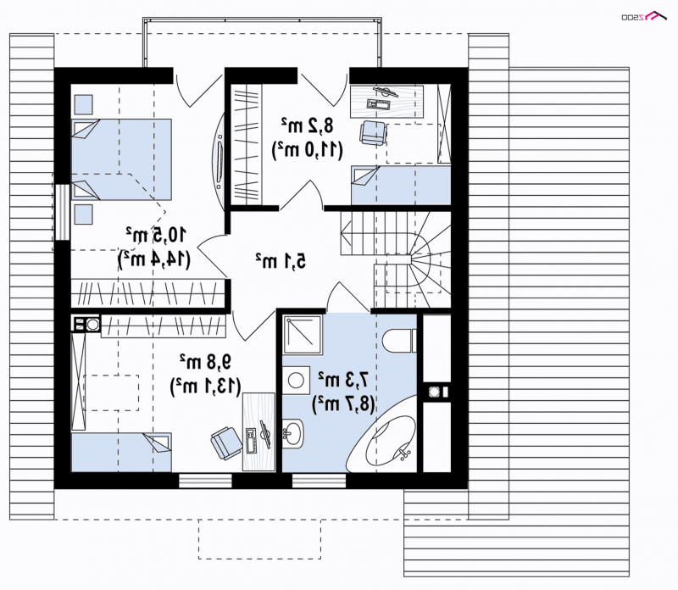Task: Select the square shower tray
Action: pos(303,335)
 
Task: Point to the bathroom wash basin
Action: pos(294,433)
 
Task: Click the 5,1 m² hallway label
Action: pos(281,260)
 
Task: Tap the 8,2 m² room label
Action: pos(308,125)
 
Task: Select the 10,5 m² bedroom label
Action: pos(156,234)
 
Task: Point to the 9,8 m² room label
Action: pos(206,362)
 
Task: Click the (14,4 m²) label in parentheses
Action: pos(154,259)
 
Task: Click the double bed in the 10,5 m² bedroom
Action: pos(121,159)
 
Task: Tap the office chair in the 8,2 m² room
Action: pos(373,132)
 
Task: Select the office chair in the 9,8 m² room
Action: pos(226,442)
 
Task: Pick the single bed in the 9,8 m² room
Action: pos(121,452)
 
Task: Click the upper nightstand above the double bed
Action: pos(83,104)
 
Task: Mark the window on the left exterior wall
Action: pos(62,212)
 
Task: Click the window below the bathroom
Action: pos(319,481)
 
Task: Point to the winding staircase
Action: pos(396,259)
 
